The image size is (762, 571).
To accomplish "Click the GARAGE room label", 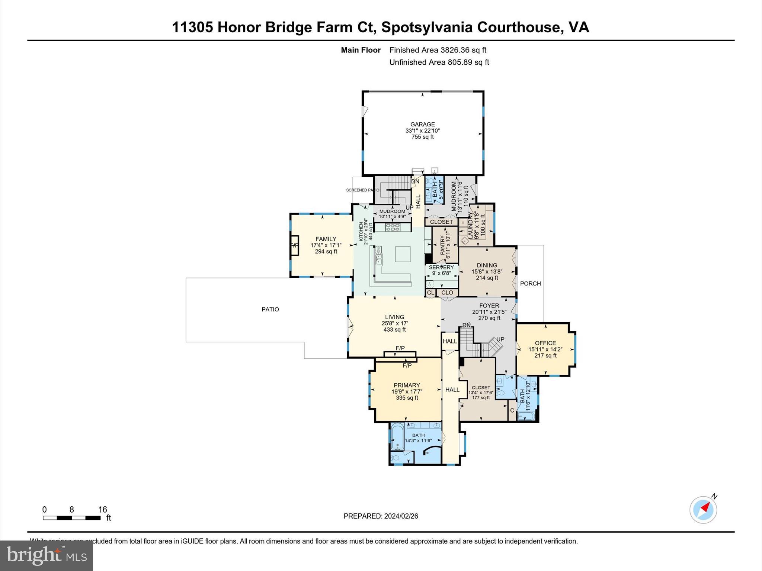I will [422, 125].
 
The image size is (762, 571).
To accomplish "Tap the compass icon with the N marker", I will [703, 510].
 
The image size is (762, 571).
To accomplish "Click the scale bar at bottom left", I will [72, 517].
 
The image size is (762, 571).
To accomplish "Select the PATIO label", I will [270, 309].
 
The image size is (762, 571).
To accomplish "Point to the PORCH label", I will [530, 284].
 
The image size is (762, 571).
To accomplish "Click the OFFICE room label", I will [545, 343].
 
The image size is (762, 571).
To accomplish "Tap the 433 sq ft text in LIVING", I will [394, 330].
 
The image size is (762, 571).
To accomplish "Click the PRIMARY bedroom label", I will [407, 385].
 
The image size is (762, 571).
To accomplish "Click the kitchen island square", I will [402, 254].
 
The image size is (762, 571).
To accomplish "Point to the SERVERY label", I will [441, 267].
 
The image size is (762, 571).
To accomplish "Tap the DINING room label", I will [487, 265].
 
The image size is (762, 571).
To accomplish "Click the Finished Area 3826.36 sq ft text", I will [438, 50].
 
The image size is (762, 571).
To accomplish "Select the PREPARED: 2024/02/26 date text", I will [381, 516].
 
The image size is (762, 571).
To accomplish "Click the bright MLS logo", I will [46, 555].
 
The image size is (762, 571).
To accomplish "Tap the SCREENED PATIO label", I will [362, 190].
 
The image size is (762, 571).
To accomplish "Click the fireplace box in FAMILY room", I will [294, 245].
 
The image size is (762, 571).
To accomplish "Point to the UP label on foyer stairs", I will [500, 339].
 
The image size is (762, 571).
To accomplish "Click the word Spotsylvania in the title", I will [427, 27].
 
